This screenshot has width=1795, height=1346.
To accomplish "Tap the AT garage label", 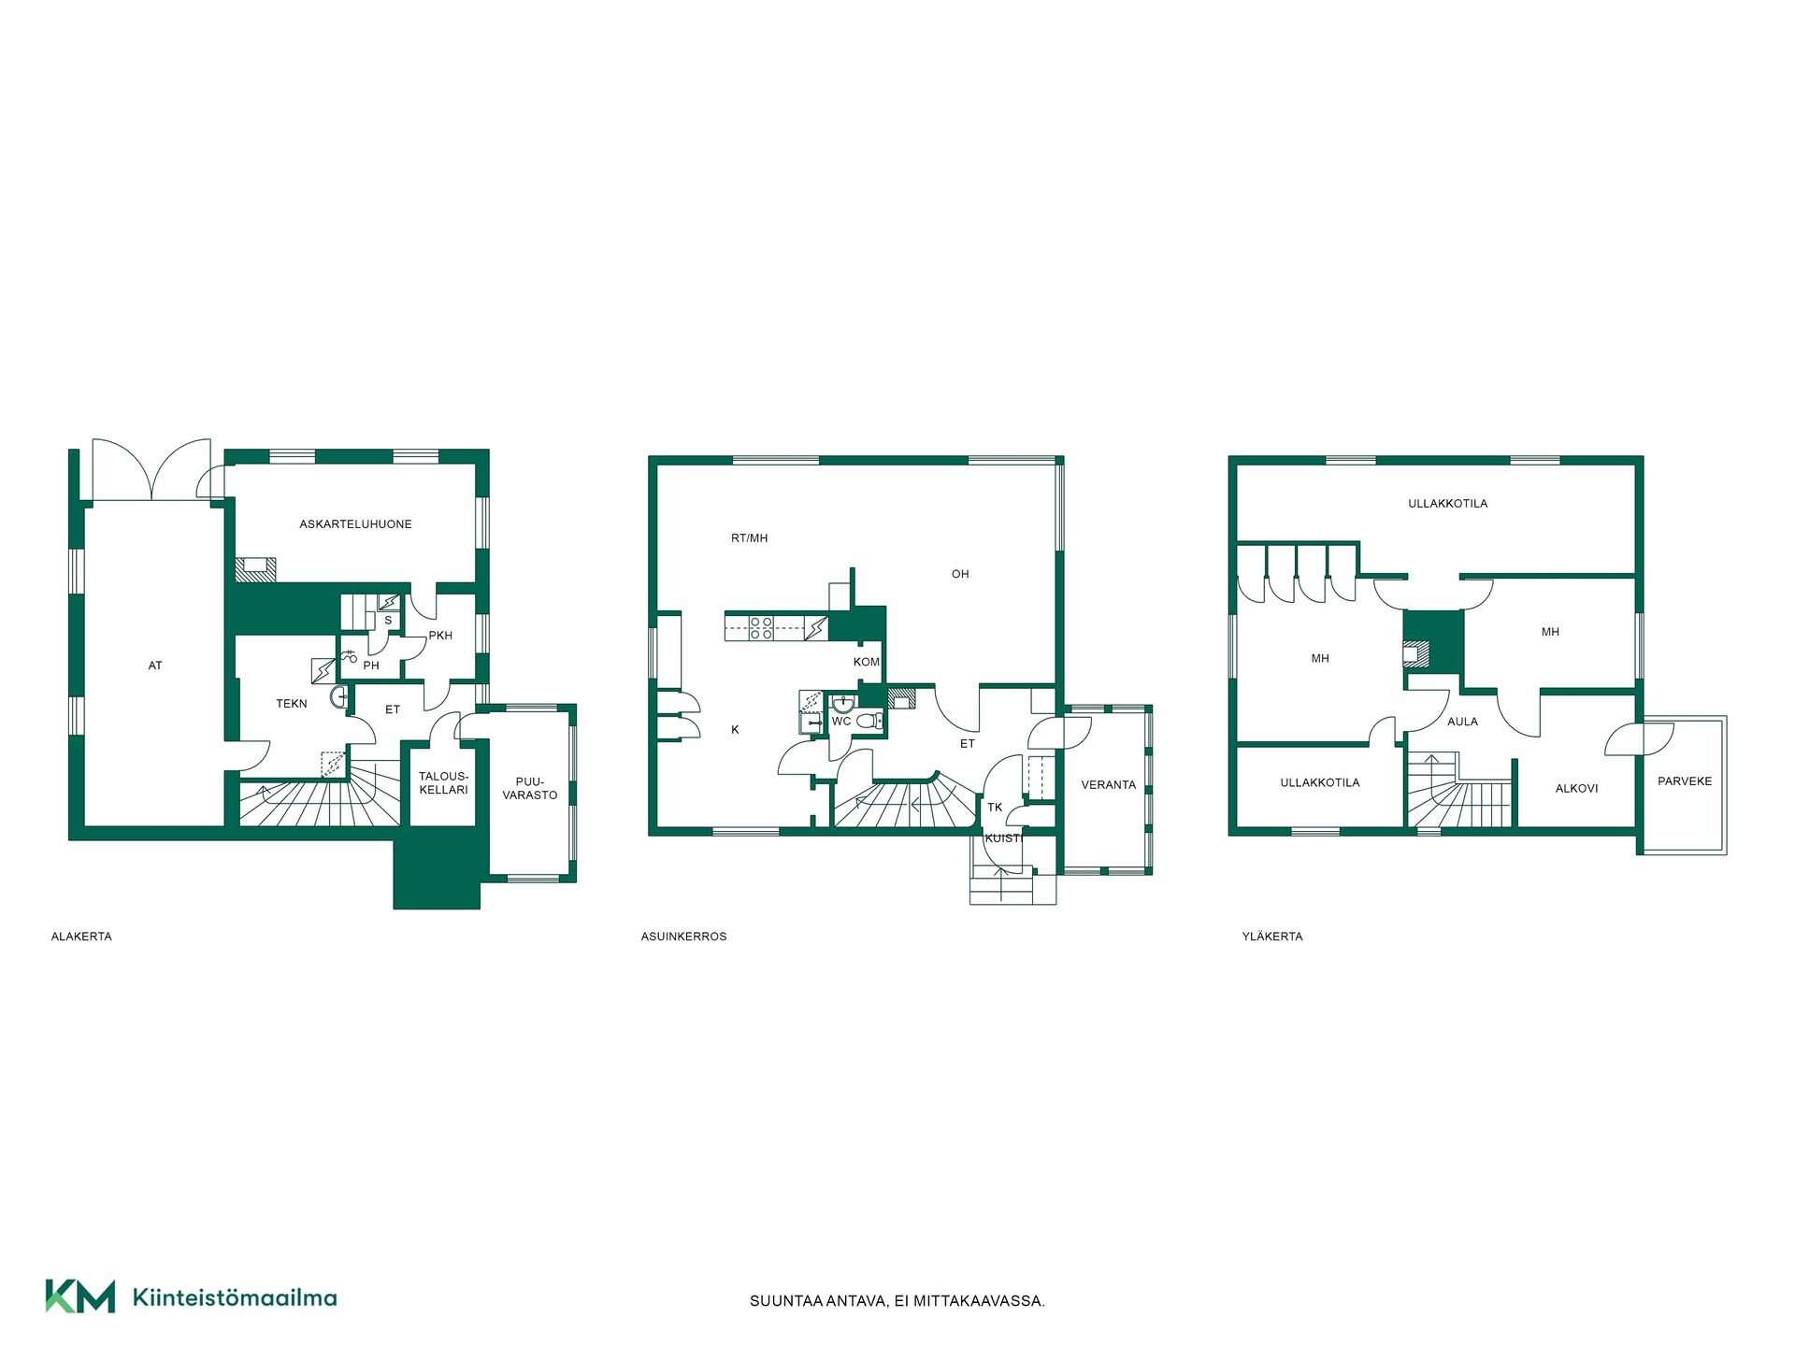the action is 155,666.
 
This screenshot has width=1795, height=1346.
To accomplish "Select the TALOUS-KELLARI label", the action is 443,783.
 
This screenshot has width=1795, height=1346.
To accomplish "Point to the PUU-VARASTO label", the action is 530,789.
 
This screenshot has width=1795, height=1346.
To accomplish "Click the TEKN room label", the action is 292,704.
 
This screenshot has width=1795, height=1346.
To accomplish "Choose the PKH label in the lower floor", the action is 440,636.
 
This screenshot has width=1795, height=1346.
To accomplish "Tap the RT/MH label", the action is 749,538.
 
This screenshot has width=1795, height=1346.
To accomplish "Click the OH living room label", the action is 960,574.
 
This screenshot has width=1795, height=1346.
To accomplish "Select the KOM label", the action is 867,662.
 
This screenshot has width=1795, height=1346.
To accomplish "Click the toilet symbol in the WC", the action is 869,721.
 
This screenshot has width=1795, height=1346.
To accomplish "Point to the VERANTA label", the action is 1109,785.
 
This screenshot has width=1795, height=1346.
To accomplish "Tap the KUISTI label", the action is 1004,838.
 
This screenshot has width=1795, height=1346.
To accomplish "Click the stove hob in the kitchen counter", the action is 761,627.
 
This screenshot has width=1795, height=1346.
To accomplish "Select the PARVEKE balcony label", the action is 1685,781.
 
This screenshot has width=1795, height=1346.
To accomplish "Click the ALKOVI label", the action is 1576,789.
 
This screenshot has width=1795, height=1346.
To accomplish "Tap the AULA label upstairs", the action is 1462,722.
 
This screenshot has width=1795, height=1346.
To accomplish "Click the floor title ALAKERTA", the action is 81,937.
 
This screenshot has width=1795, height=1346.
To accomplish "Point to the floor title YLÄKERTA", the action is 1272,937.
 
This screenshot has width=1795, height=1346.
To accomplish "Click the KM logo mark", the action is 80,1296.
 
